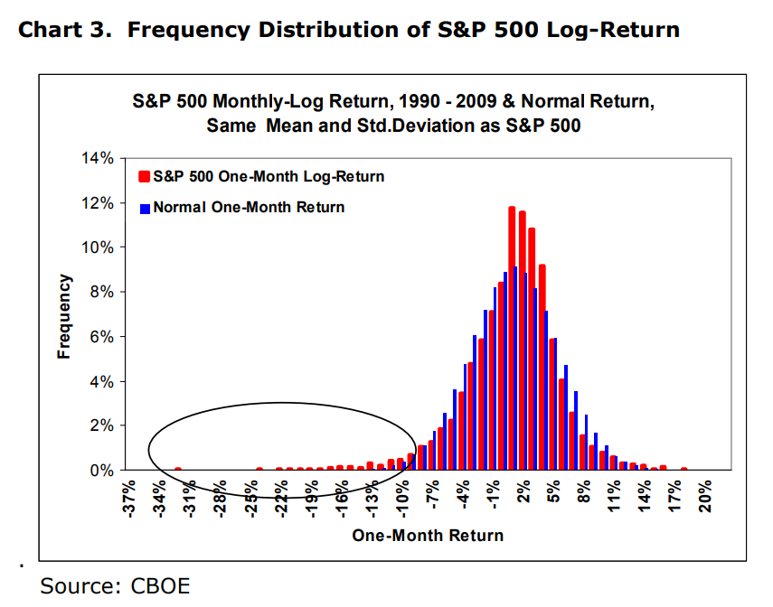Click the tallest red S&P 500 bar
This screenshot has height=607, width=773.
(x=512, y=339)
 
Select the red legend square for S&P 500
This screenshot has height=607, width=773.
(x=145, y=176)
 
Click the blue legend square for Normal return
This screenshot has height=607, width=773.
(x=145, y=208)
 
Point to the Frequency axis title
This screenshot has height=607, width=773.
(x=64, y=317)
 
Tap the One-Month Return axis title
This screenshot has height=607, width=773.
(x=428, y=536)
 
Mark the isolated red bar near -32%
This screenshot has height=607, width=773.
(x=178, y=469)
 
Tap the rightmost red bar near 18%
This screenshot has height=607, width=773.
(x=684, y=469)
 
